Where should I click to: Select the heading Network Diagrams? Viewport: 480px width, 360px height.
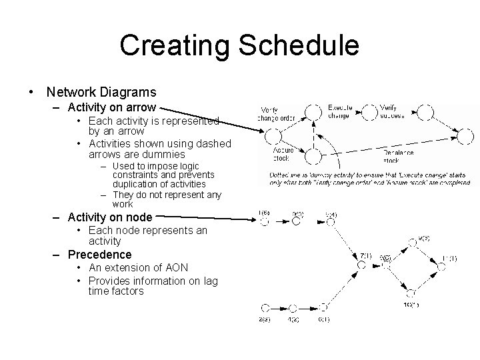point(102,92)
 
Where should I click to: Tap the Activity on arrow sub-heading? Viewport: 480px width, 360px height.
point(112,107)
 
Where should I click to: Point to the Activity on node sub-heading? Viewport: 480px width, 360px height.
point(110,216)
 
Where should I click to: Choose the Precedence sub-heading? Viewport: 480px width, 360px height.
point(100,254)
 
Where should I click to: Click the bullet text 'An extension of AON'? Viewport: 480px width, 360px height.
point(138,267)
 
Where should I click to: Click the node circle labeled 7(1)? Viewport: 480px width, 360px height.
point(361,265)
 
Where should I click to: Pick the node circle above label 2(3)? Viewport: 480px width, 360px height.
point(265,307)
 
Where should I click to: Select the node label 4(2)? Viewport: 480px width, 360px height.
point(293,320)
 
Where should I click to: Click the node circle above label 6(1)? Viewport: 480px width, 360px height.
point(323,307)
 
